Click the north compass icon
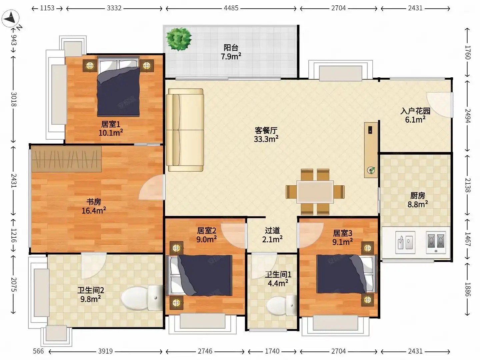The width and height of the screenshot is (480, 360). click(x=10, y=18)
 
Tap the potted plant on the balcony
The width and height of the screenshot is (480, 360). click(x=179, y=39)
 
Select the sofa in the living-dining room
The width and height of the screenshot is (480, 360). click(x=185, y=130)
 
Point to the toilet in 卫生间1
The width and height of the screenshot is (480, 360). click(x=282, y=305)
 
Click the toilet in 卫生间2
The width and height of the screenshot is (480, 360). click(x=142, y=298)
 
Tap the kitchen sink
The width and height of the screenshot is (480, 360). click(x=405, y=242)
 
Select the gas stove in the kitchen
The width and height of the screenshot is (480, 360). click(x=436, y=242)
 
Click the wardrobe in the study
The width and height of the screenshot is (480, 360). click(x=66, y=159)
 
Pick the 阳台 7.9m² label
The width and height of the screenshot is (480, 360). click(x=231, y=52)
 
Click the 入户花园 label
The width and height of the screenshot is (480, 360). click(x=415, y=111)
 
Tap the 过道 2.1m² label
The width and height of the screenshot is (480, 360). click(x=272, y=235)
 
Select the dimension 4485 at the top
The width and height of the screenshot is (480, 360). click(x=231, y=8)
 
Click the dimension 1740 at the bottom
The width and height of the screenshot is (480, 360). click(x=272, y=351)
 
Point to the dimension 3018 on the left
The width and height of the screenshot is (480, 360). click(x=14, y=99)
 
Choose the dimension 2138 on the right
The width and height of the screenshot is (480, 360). click(x=467, y=185)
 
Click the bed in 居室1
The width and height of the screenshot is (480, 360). click(x=118, y=86)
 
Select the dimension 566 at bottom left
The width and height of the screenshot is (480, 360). click(x=38, y=351)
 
